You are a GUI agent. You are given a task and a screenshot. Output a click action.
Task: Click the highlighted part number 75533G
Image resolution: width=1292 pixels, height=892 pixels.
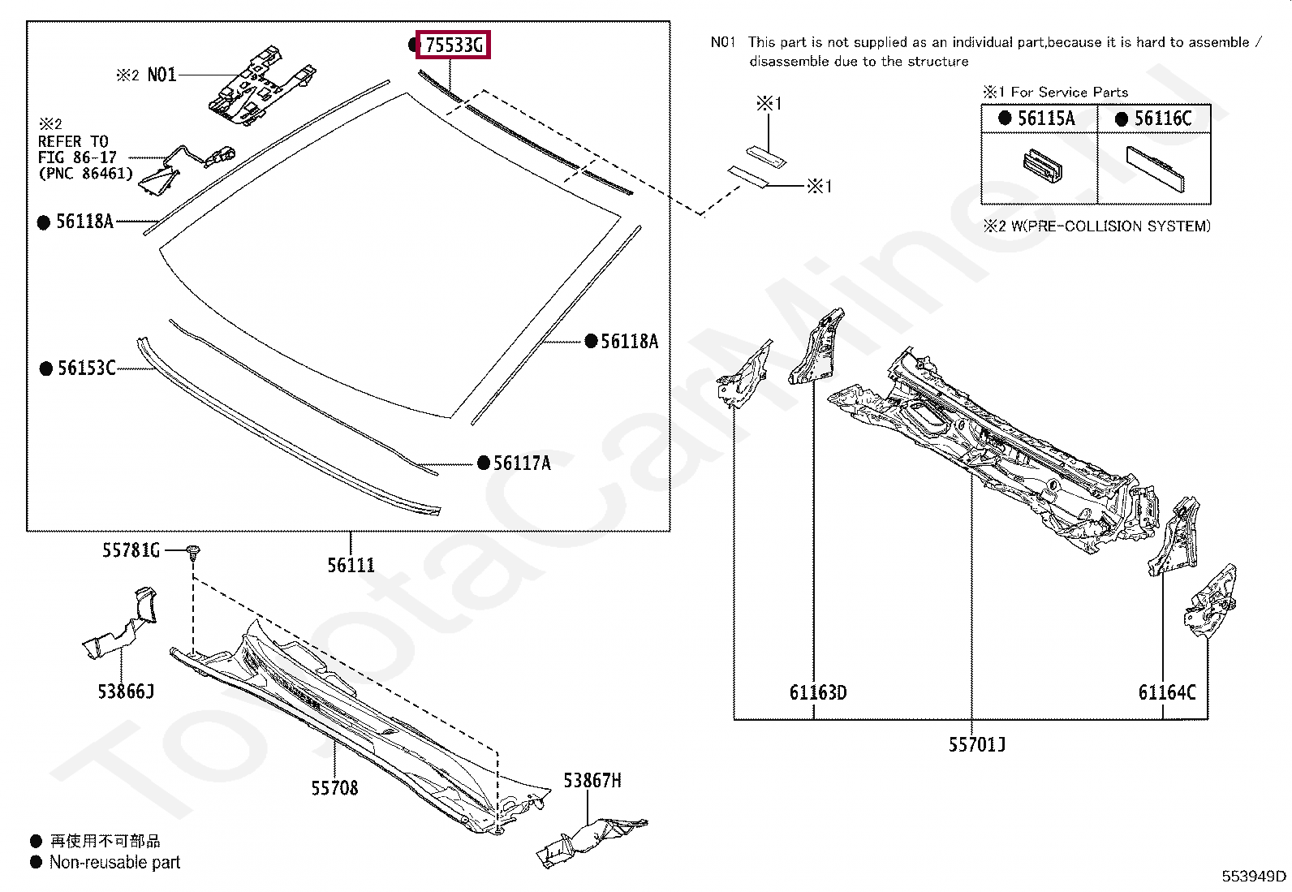(454, 45)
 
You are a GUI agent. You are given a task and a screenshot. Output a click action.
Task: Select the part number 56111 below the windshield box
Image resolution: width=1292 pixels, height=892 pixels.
(351, 565)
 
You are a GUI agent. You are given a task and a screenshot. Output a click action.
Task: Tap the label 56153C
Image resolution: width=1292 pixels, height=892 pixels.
(86, 368)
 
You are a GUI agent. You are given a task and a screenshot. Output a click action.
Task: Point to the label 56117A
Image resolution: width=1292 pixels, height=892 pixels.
(522, 463)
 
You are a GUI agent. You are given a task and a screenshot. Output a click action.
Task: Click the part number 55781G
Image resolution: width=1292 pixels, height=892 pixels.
(131, 550)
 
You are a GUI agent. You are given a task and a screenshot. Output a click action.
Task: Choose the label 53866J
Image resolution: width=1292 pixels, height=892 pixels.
(126, 692)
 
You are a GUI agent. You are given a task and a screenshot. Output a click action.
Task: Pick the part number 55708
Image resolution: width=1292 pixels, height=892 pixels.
(334, 788)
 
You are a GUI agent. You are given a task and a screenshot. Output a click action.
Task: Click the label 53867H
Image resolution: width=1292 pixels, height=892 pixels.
(592, 781)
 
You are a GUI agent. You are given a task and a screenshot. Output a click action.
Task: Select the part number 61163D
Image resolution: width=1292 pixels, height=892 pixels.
(818, 692)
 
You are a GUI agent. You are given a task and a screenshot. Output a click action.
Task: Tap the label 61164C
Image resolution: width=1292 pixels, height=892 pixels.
(1167, 692)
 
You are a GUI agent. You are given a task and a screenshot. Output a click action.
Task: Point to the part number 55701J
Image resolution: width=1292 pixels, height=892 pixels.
(977, 744)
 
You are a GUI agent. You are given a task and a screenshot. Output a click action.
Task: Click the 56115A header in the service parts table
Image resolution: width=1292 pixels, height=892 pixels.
(1045, 119)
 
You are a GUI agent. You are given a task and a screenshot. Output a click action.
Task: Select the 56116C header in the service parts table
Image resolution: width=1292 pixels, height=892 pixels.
(1162, 119)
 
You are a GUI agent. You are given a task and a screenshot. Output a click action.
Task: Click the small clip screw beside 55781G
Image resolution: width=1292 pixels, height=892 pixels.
(193, 554)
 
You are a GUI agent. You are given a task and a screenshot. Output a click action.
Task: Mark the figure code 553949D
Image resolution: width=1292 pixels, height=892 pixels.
(1254, 876)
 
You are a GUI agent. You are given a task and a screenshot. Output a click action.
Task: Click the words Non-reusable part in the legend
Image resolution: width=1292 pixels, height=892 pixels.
(114, 862)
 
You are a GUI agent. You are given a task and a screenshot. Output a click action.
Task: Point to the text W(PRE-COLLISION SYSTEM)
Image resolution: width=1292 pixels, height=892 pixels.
(1110, 226)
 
